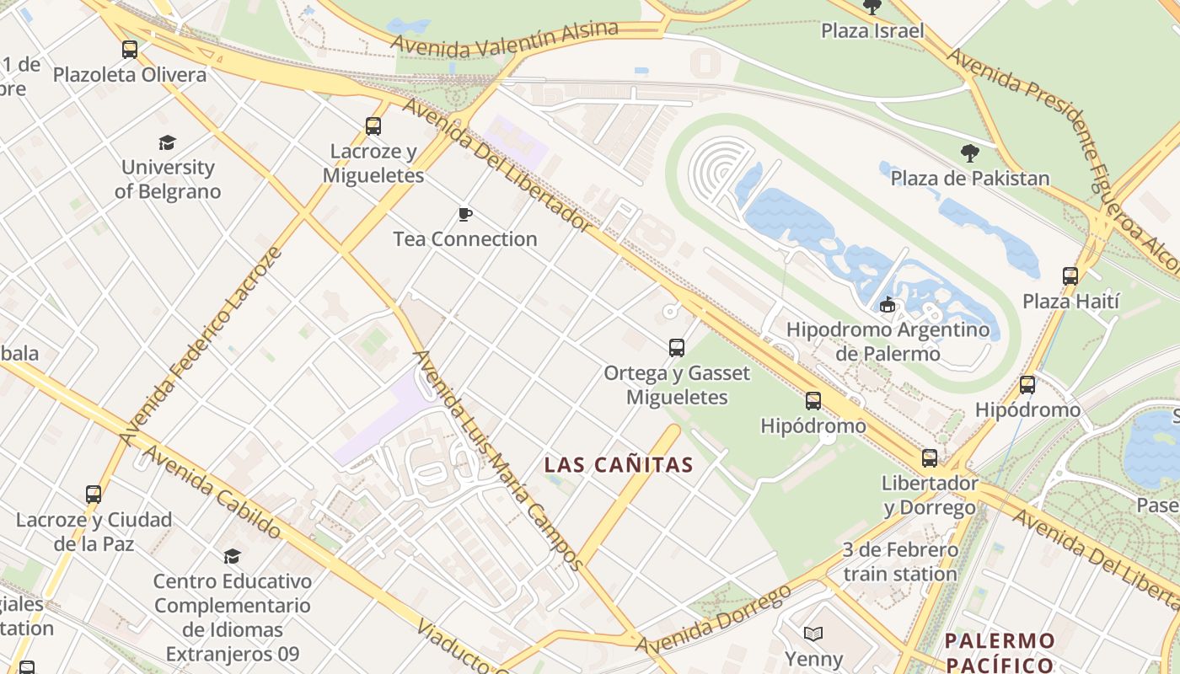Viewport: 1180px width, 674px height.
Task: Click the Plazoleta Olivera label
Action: pyautogui.click(x=129, y=75)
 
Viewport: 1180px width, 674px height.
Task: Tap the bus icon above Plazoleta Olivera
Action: pyautogui.click(x=129, y=50)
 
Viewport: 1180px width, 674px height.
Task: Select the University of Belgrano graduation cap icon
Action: pyautogui.click(x=167, y=142)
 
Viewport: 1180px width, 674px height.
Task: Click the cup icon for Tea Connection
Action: pyautogui.click(x=464, y=215)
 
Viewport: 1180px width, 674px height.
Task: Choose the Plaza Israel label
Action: pyautogui.click(x=872, y=31)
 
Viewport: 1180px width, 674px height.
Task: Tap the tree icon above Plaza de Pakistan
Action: pyautogui.click(x=970, y=153)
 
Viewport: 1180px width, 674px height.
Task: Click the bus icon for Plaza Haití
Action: pyautogui.click(x=1070, y=275)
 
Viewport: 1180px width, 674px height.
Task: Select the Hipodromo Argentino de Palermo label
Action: pyautogui.click(x=888, y=341)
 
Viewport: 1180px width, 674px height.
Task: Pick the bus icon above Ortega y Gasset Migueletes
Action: pyautogui.click(x=676, y=347)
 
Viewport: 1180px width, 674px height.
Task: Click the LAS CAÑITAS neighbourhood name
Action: pyautogui.click(x=619, y=464)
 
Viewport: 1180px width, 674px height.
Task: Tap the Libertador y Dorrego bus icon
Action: pyautogui.click(x=929, y=457)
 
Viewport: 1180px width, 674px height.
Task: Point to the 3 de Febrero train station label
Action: pyautogui.click(x=899, y=562)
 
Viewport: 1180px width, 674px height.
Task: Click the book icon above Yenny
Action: pyautogui.click(x=813, y=634)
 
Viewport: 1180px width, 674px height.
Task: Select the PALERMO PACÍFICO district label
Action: pyautogui.click(x=1000, y=652)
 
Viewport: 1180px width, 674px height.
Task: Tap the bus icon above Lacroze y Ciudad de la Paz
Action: pyautogui.click(x=94, y=495)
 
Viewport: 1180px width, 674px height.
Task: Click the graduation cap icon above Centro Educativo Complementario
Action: pyautogui.click(x=232, y=556)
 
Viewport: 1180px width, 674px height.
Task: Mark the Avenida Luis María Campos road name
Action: pyautogui.click(x=498, y=460)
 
